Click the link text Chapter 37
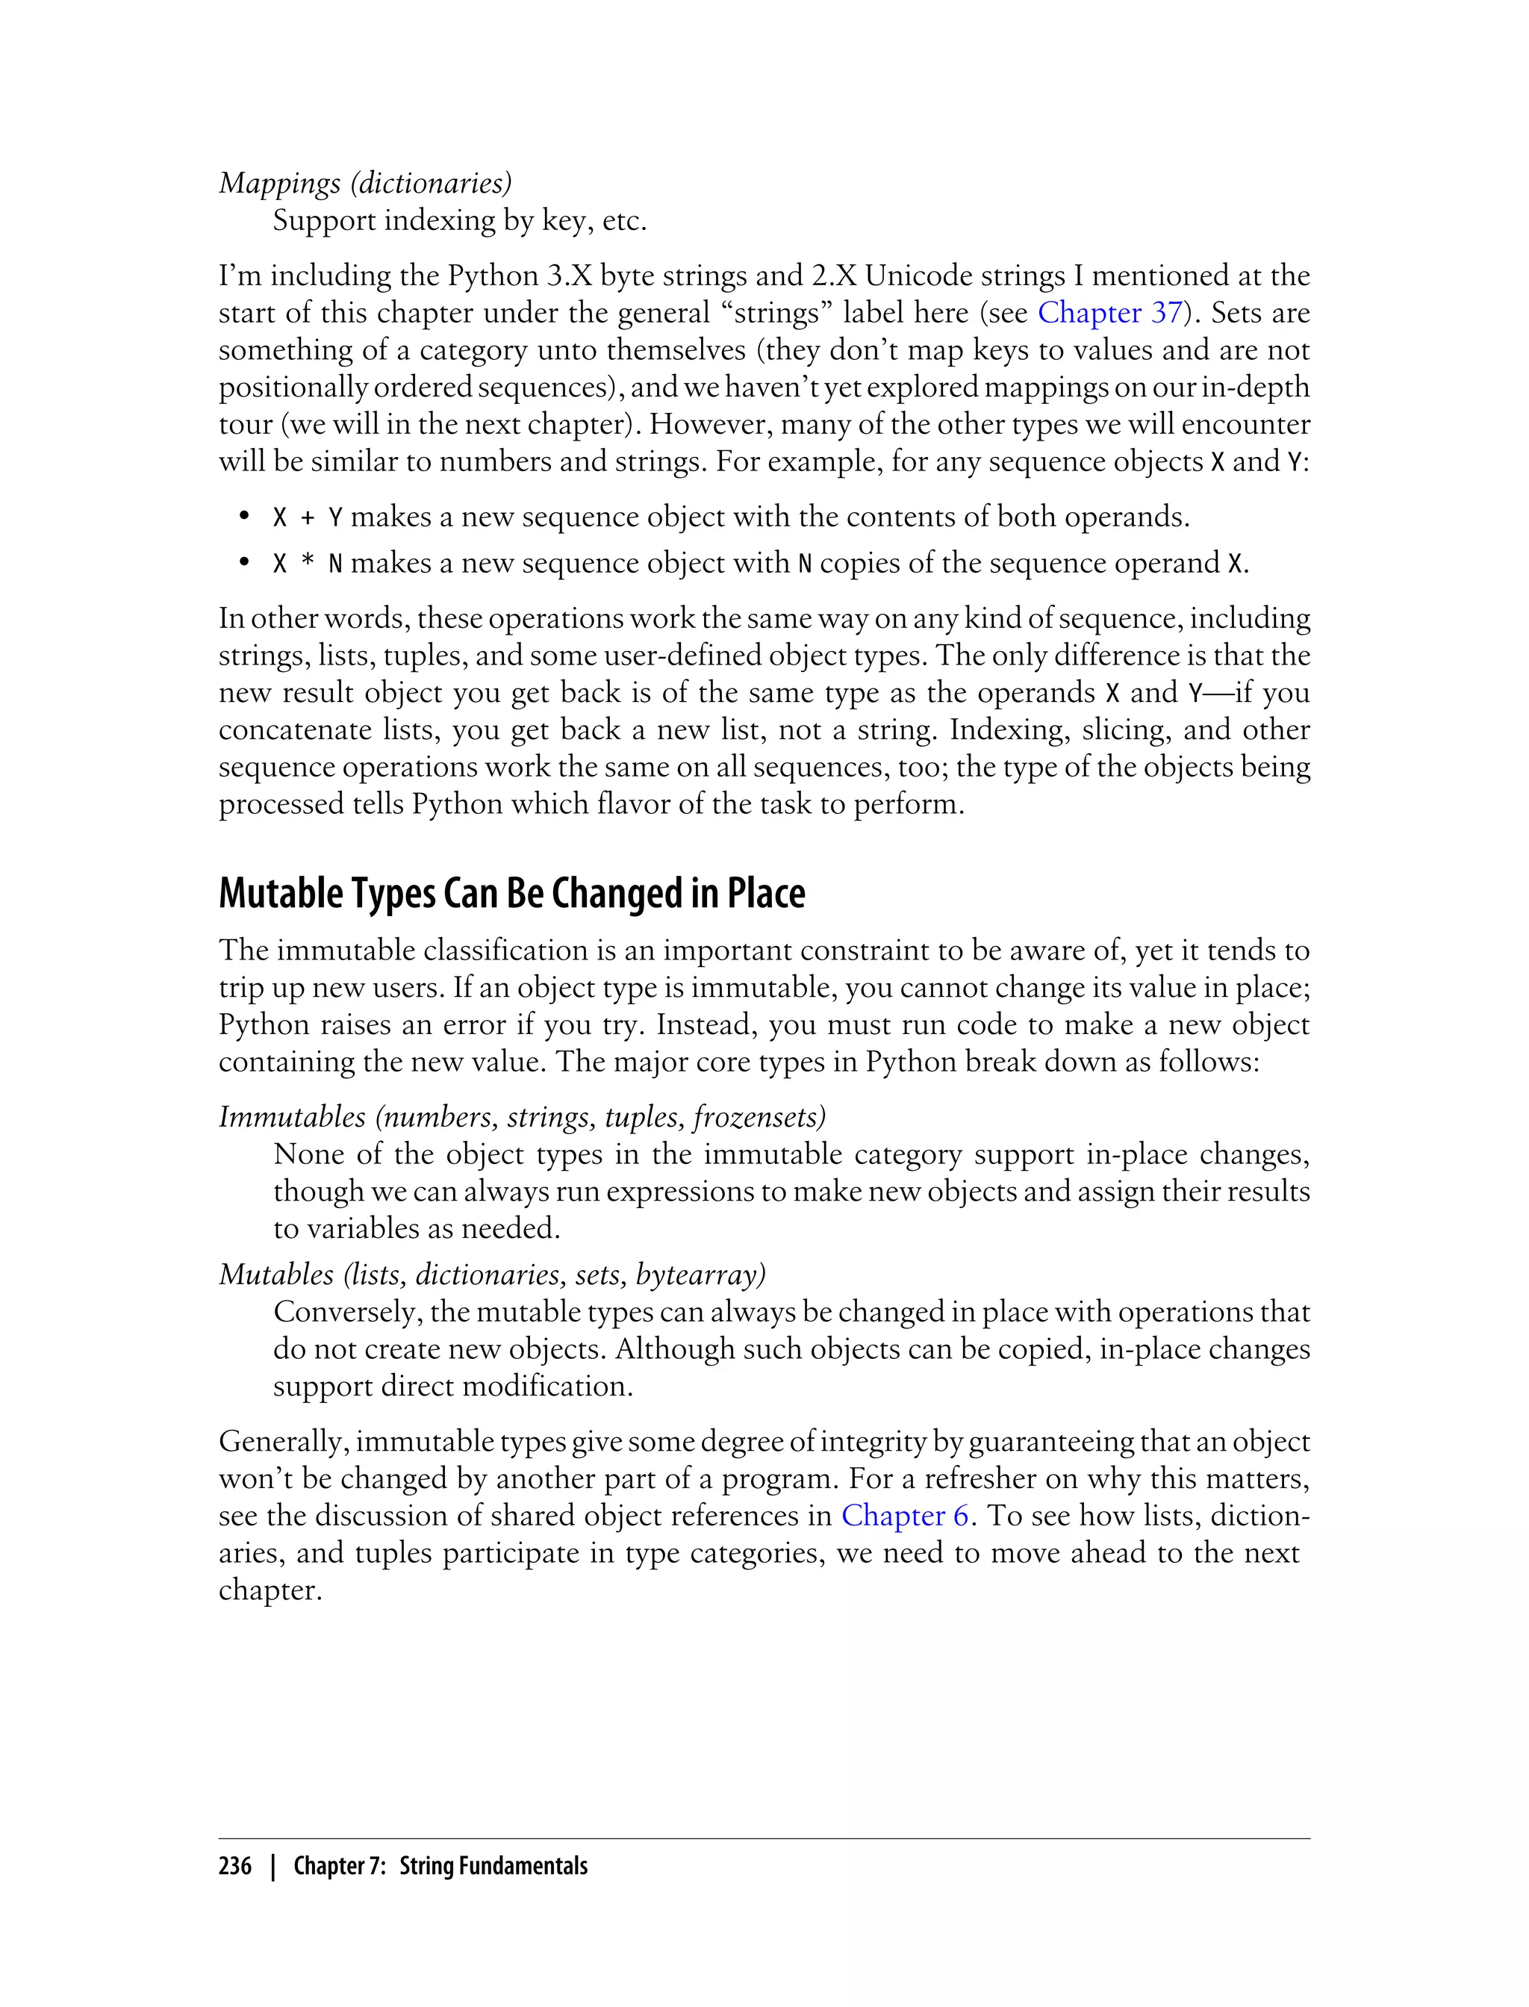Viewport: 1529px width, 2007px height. [x=1109, y=313]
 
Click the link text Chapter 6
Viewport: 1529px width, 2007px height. [x=905, y=1516]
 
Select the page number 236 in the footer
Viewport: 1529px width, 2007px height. [x=235, y=1867]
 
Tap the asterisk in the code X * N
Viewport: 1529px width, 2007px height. [x=308, y=564]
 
